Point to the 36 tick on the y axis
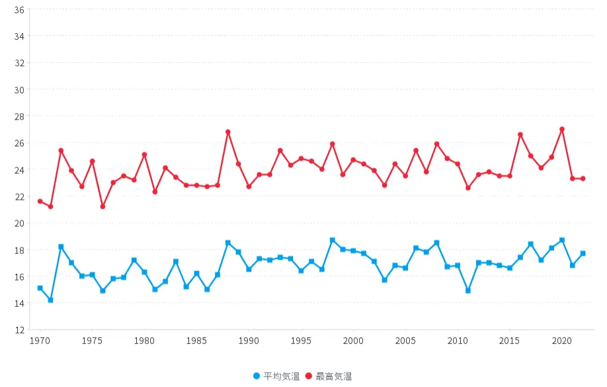[19, 10]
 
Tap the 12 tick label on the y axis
[19, 330]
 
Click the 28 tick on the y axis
[19, 116]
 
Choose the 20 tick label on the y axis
[19, 224]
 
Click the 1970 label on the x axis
[40, 341]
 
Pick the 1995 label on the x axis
[301, 341]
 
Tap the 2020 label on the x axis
[562, 341]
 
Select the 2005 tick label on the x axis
[405, 341]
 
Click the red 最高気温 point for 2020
[562, 130]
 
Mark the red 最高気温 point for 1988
[228, 132]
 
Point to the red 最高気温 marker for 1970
[40, 201]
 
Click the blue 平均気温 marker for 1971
[50, 300]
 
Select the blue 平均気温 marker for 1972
[61, 247]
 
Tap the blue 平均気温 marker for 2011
[468, 290]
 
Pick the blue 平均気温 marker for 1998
[333, 240]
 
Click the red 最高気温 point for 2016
[520, 135]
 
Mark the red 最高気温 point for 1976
[102, 206]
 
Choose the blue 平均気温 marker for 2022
[583, 253]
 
